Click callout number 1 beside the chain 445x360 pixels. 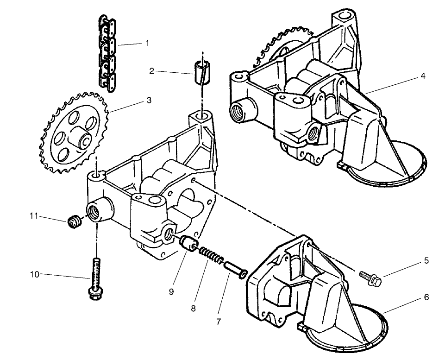point(147,43)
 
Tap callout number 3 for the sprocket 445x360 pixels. point(149,100)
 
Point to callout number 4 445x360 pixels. point(422,76)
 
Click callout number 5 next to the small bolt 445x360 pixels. point(426,261)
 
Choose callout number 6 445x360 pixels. point(426,297)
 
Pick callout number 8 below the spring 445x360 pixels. point(193,308)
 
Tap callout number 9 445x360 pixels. point(171,292)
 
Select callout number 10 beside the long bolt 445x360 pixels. point(35,274)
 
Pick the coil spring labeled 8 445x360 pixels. point(211,255)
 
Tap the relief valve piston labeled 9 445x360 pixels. point(188,244)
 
